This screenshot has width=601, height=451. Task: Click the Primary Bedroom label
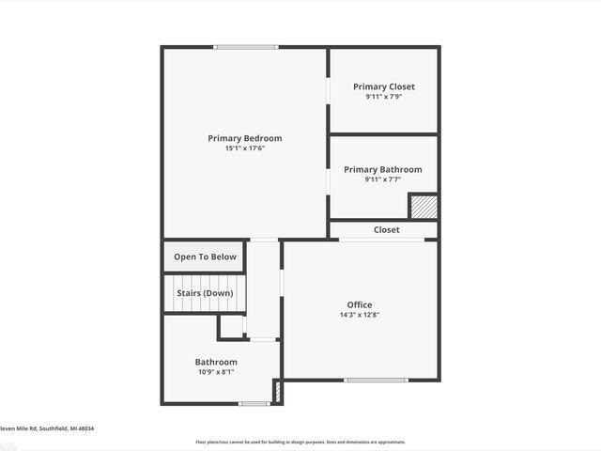point(244,138)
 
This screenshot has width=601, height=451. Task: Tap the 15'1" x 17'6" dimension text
point(244,148)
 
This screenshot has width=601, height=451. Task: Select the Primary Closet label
point(383,86)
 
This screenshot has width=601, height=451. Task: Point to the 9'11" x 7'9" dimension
point(383,97)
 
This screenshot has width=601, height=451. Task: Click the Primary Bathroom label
point(382,169)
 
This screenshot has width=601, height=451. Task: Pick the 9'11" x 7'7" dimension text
point(382,179)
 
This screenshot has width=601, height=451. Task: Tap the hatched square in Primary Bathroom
point(423,206)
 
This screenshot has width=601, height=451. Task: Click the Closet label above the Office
point(386,229)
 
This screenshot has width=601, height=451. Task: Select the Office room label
point(360,304)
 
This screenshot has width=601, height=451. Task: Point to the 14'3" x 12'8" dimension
point(360,315)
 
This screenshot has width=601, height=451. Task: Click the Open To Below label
point(205,257)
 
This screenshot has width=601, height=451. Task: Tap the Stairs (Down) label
point(205,293)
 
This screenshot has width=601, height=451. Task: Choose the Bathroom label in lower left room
point(216,362)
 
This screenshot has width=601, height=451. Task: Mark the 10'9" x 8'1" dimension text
point(216,372)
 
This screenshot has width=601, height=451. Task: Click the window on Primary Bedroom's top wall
point(245,47)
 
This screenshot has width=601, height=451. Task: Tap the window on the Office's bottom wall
point(376,380)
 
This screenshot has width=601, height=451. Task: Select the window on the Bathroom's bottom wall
point(254,404)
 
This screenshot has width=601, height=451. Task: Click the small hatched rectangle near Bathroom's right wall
point(277,391)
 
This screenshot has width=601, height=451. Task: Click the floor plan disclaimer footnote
point(300,442)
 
